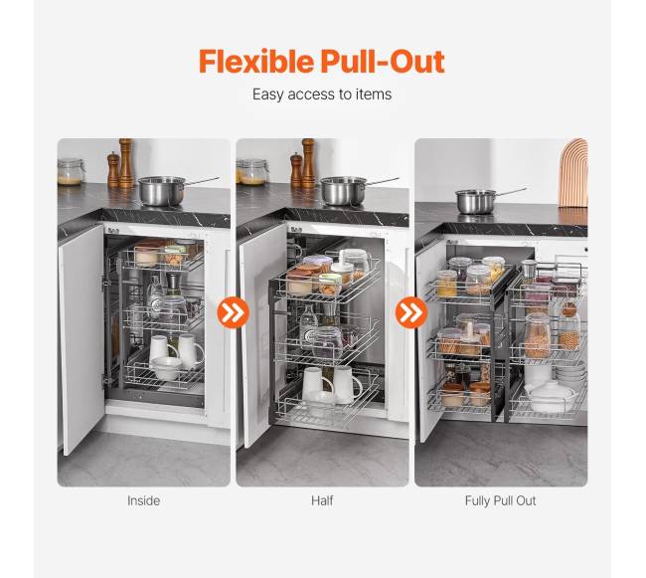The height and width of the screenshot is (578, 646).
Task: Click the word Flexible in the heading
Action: pyautogui.click(x=256, y=62)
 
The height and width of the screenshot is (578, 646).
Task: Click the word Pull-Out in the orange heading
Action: pyautogui.click(x=383, y=62)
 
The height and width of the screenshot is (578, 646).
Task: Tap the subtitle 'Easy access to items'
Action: pyautogui.click(x=322, y=95)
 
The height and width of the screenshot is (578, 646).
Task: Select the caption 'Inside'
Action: pyautogui.click(x=143, y=500)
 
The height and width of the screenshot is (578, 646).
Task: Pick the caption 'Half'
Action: pyautogui.click(x=322, y=500)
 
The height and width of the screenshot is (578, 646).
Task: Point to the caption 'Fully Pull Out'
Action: pyautogui.click(x=500, y=501)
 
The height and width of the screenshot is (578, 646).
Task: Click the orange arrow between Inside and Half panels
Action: pyautogui.click(x=234, y=312)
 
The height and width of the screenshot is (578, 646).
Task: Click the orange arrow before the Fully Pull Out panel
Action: pyautogui.click(x=411, y=312)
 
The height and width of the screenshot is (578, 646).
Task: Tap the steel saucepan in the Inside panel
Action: pyautogui.click(x=161, y=191)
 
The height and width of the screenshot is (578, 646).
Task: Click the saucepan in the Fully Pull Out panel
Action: pyautogui.click(x=477, y=202)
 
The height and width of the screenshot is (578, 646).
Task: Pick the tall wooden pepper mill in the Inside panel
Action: pyautogui.click(x=125, y=163)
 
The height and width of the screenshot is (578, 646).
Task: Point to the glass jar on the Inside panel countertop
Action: pyautogui.click(x=71, y=172)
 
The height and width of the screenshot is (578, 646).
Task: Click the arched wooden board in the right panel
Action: pyautogui.click(x=573, y=173)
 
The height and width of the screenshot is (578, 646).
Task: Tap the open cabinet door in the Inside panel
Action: pyautogui.click(x=81, y=338)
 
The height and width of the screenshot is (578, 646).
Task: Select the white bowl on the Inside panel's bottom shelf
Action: pyautogui.click(x=166, y=368)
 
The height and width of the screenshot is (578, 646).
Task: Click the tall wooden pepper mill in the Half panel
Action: pyautogui.click(x=308, y=163)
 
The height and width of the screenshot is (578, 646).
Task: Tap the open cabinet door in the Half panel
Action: pyautogui.click(x=262, y=336)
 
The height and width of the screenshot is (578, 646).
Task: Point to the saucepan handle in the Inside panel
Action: pyautogui.click(x=203, y=181)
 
